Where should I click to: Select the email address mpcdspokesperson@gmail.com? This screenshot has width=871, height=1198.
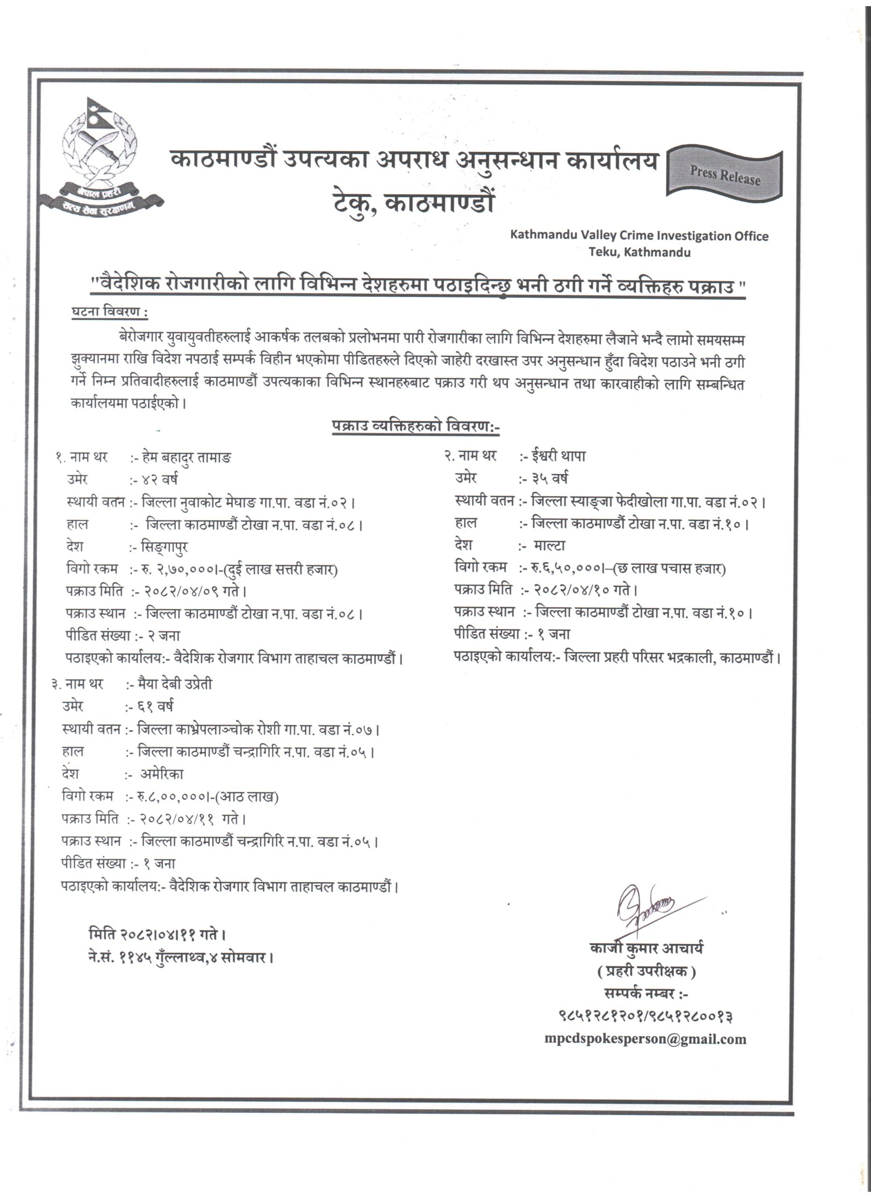[645, 1039]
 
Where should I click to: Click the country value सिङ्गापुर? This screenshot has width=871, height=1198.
[165, 547]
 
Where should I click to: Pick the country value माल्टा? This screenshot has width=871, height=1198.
[549, 546]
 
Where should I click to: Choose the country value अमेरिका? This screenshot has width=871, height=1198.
[161, 774]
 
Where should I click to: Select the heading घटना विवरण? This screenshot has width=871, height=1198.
[110, 312]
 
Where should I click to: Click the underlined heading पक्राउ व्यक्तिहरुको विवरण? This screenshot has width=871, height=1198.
[415, 426]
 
